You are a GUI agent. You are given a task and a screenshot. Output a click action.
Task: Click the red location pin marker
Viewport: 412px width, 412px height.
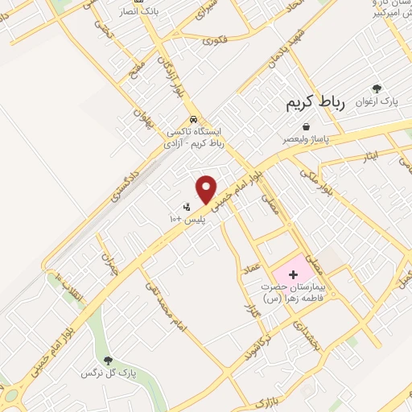tap(207, 188)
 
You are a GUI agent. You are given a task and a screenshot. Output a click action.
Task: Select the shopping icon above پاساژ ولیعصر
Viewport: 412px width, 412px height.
tap(306, 126)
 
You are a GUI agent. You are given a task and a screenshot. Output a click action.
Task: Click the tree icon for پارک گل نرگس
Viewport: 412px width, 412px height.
tap(109, 360)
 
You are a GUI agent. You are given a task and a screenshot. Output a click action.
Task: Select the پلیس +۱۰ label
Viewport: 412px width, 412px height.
tap(188, 218)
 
